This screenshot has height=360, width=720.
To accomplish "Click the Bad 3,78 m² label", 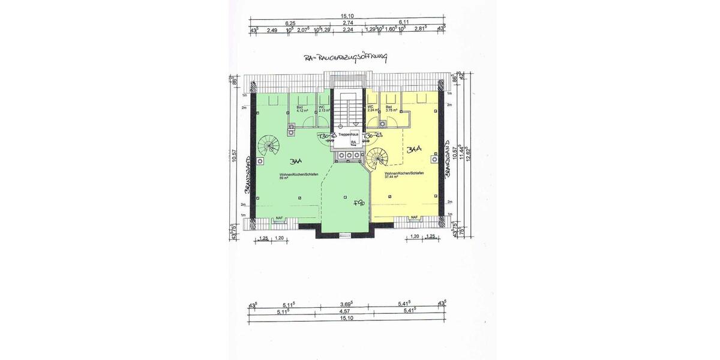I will click(392, 109).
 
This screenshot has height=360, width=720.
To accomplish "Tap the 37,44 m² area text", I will click(386, 178).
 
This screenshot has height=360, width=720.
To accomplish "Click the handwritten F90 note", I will click(359, 203).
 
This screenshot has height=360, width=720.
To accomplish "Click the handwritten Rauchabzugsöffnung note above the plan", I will click(347, 58).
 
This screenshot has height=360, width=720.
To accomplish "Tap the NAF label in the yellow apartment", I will click(415, 218).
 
